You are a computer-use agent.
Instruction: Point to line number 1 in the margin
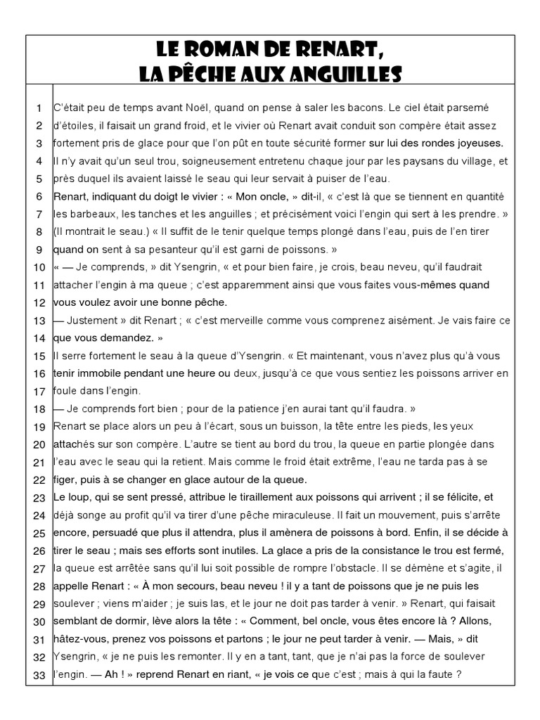(39, 108)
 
